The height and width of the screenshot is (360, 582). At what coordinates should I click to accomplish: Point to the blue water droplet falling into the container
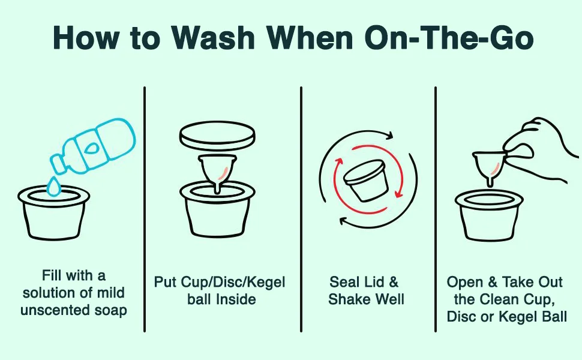pyautogui.click(x=54, y=187)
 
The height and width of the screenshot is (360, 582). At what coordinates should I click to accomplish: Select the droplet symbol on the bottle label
pyautogui.click(x=91, y=148)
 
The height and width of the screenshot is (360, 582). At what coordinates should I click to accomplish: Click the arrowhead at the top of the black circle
pyautogui.click(x=388, y=136)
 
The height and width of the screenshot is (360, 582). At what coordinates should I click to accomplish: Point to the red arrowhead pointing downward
pyautogui.click(x=399, y=193)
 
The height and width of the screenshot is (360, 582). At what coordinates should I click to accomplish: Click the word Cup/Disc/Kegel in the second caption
pyautogui.click(x=233, y=283)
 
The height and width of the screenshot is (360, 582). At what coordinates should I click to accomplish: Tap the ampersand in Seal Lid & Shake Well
pyautogui.click(x=393, y=282)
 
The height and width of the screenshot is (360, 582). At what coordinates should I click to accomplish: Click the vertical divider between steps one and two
pyautogui.click(x=145, y=209)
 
